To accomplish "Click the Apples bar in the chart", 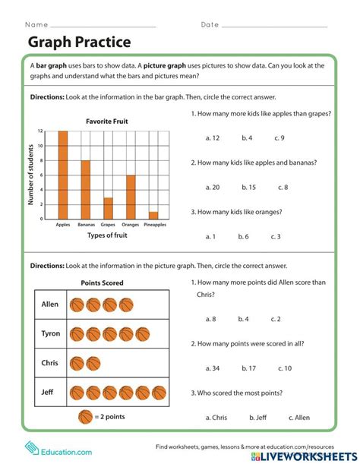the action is [x=63, y=175].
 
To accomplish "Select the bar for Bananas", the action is [x=86, y=190].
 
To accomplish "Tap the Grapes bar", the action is [x=109, y=208].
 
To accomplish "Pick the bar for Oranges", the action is [x=131, y=197].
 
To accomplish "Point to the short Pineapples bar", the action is [x=153, y=215].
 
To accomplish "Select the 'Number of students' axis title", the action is [x=32, y=175].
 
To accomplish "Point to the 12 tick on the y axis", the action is [x=41, y=131].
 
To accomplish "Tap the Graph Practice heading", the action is [x=79, y=42].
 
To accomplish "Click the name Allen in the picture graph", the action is [x=50, y=305].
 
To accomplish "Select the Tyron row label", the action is [x=50, y=333].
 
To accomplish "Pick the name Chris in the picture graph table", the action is [x=50, y=363].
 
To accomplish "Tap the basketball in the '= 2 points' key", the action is [x=85, y=417].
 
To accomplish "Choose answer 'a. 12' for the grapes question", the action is [x=213, y=138].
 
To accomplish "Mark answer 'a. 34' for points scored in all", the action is [x=213, y=368].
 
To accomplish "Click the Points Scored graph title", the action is [x=102, y=283].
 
